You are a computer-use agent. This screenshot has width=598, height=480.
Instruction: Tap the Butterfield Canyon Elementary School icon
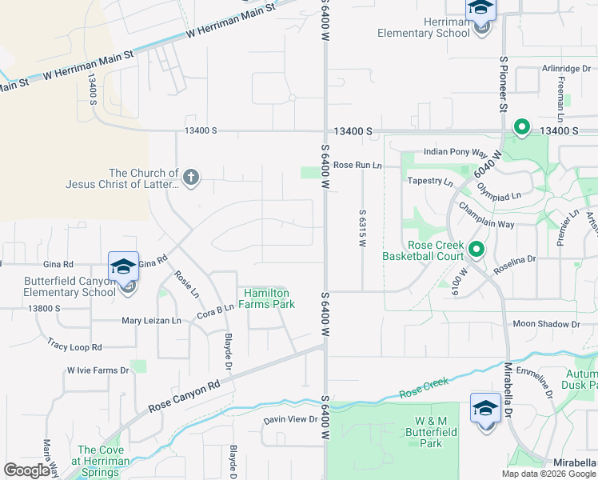(x=124, y=266)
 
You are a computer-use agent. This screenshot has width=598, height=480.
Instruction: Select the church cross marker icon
(x=190, y=178)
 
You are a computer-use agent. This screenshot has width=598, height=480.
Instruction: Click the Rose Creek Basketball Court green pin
(x=476, y=250)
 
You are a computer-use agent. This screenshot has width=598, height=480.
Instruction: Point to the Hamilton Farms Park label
(x=269, y=298)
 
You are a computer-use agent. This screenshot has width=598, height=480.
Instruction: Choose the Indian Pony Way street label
(x=455, y=152)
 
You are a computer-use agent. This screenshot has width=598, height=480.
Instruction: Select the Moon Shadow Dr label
(x=546, y=324)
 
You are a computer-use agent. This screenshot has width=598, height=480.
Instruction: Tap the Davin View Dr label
(x=291, y=419)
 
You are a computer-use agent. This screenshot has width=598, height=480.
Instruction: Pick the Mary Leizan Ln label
(x=152, y=321)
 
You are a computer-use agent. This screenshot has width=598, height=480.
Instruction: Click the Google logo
(x=26, y=470)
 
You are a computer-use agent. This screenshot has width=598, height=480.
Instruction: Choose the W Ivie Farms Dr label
(x=92, y=370)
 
